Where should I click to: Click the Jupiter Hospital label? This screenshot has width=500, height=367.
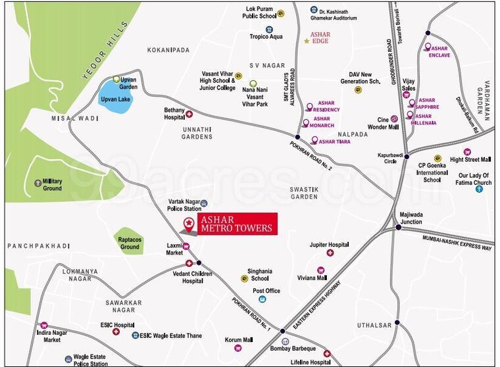[x=328, y=244]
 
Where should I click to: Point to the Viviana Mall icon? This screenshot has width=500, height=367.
[x=321, y=270]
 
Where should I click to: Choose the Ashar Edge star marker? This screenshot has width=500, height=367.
[x=307, y=41]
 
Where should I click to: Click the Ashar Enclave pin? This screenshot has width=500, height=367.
[x=428, y=47]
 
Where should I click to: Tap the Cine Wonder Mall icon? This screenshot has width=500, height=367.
[x=394, y=118]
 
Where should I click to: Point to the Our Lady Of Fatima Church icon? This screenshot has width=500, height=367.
[x=479, y=189]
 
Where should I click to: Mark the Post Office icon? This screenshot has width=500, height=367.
[x=262, y=299]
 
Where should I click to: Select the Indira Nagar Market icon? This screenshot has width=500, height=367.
[x=43, y=325]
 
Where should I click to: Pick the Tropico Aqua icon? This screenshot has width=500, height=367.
[x=269, y=29]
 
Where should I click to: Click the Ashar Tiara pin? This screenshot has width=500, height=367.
[x=314, y=140]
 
